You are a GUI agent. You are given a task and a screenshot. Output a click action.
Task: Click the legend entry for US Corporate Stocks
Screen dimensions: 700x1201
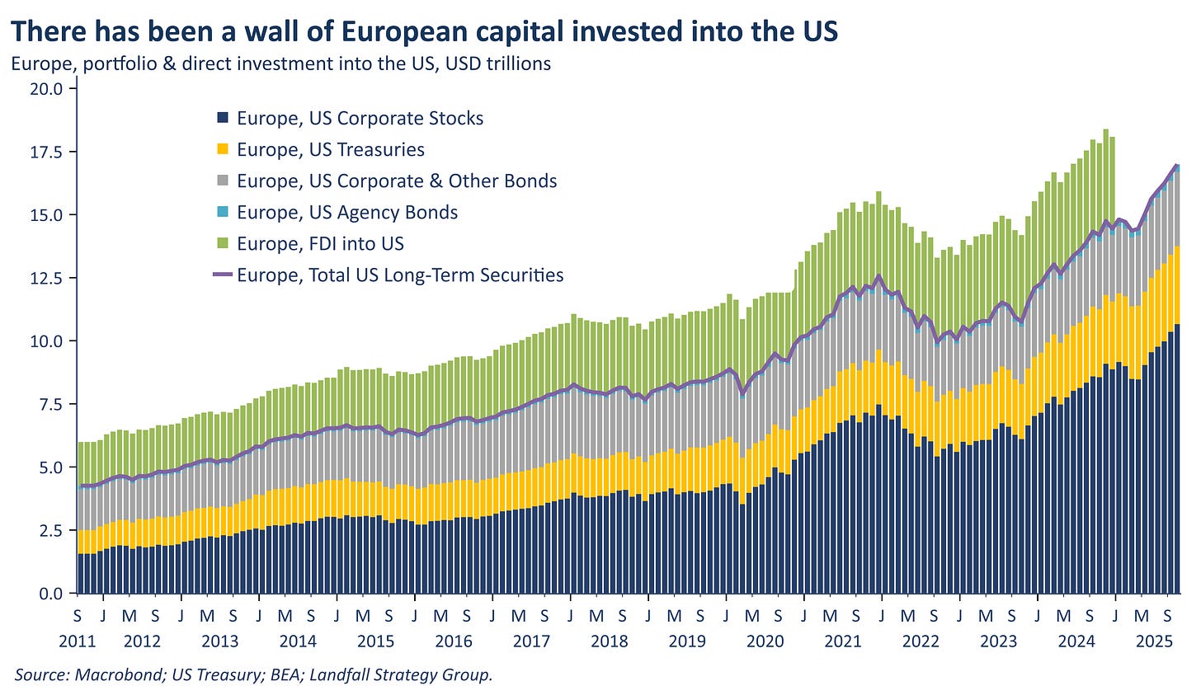click(360, 118)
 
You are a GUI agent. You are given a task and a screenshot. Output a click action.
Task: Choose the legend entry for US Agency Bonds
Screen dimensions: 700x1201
click(346, 212)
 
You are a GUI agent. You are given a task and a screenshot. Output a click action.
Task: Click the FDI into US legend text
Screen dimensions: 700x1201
click(320, 243)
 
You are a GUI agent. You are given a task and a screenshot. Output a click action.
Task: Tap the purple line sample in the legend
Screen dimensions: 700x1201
click(223, 275)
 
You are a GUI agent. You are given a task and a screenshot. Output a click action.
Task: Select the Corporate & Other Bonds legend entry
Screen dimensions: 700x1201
click(397, 181)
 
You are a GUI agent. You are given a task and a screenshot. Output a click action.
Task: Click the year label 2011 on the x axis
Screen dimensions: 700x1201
click(78, 641)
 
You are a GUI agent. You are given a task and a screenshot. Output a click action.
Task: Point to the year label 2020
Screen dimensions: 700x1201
click(764, 641)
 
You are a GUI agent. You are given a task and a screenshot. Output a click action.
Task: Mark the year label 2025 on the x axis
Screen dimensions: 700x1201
click(1154, 641)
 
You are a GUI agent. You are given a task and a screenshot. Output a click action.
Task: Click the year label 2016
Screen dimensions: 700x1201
click(453, 641)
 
